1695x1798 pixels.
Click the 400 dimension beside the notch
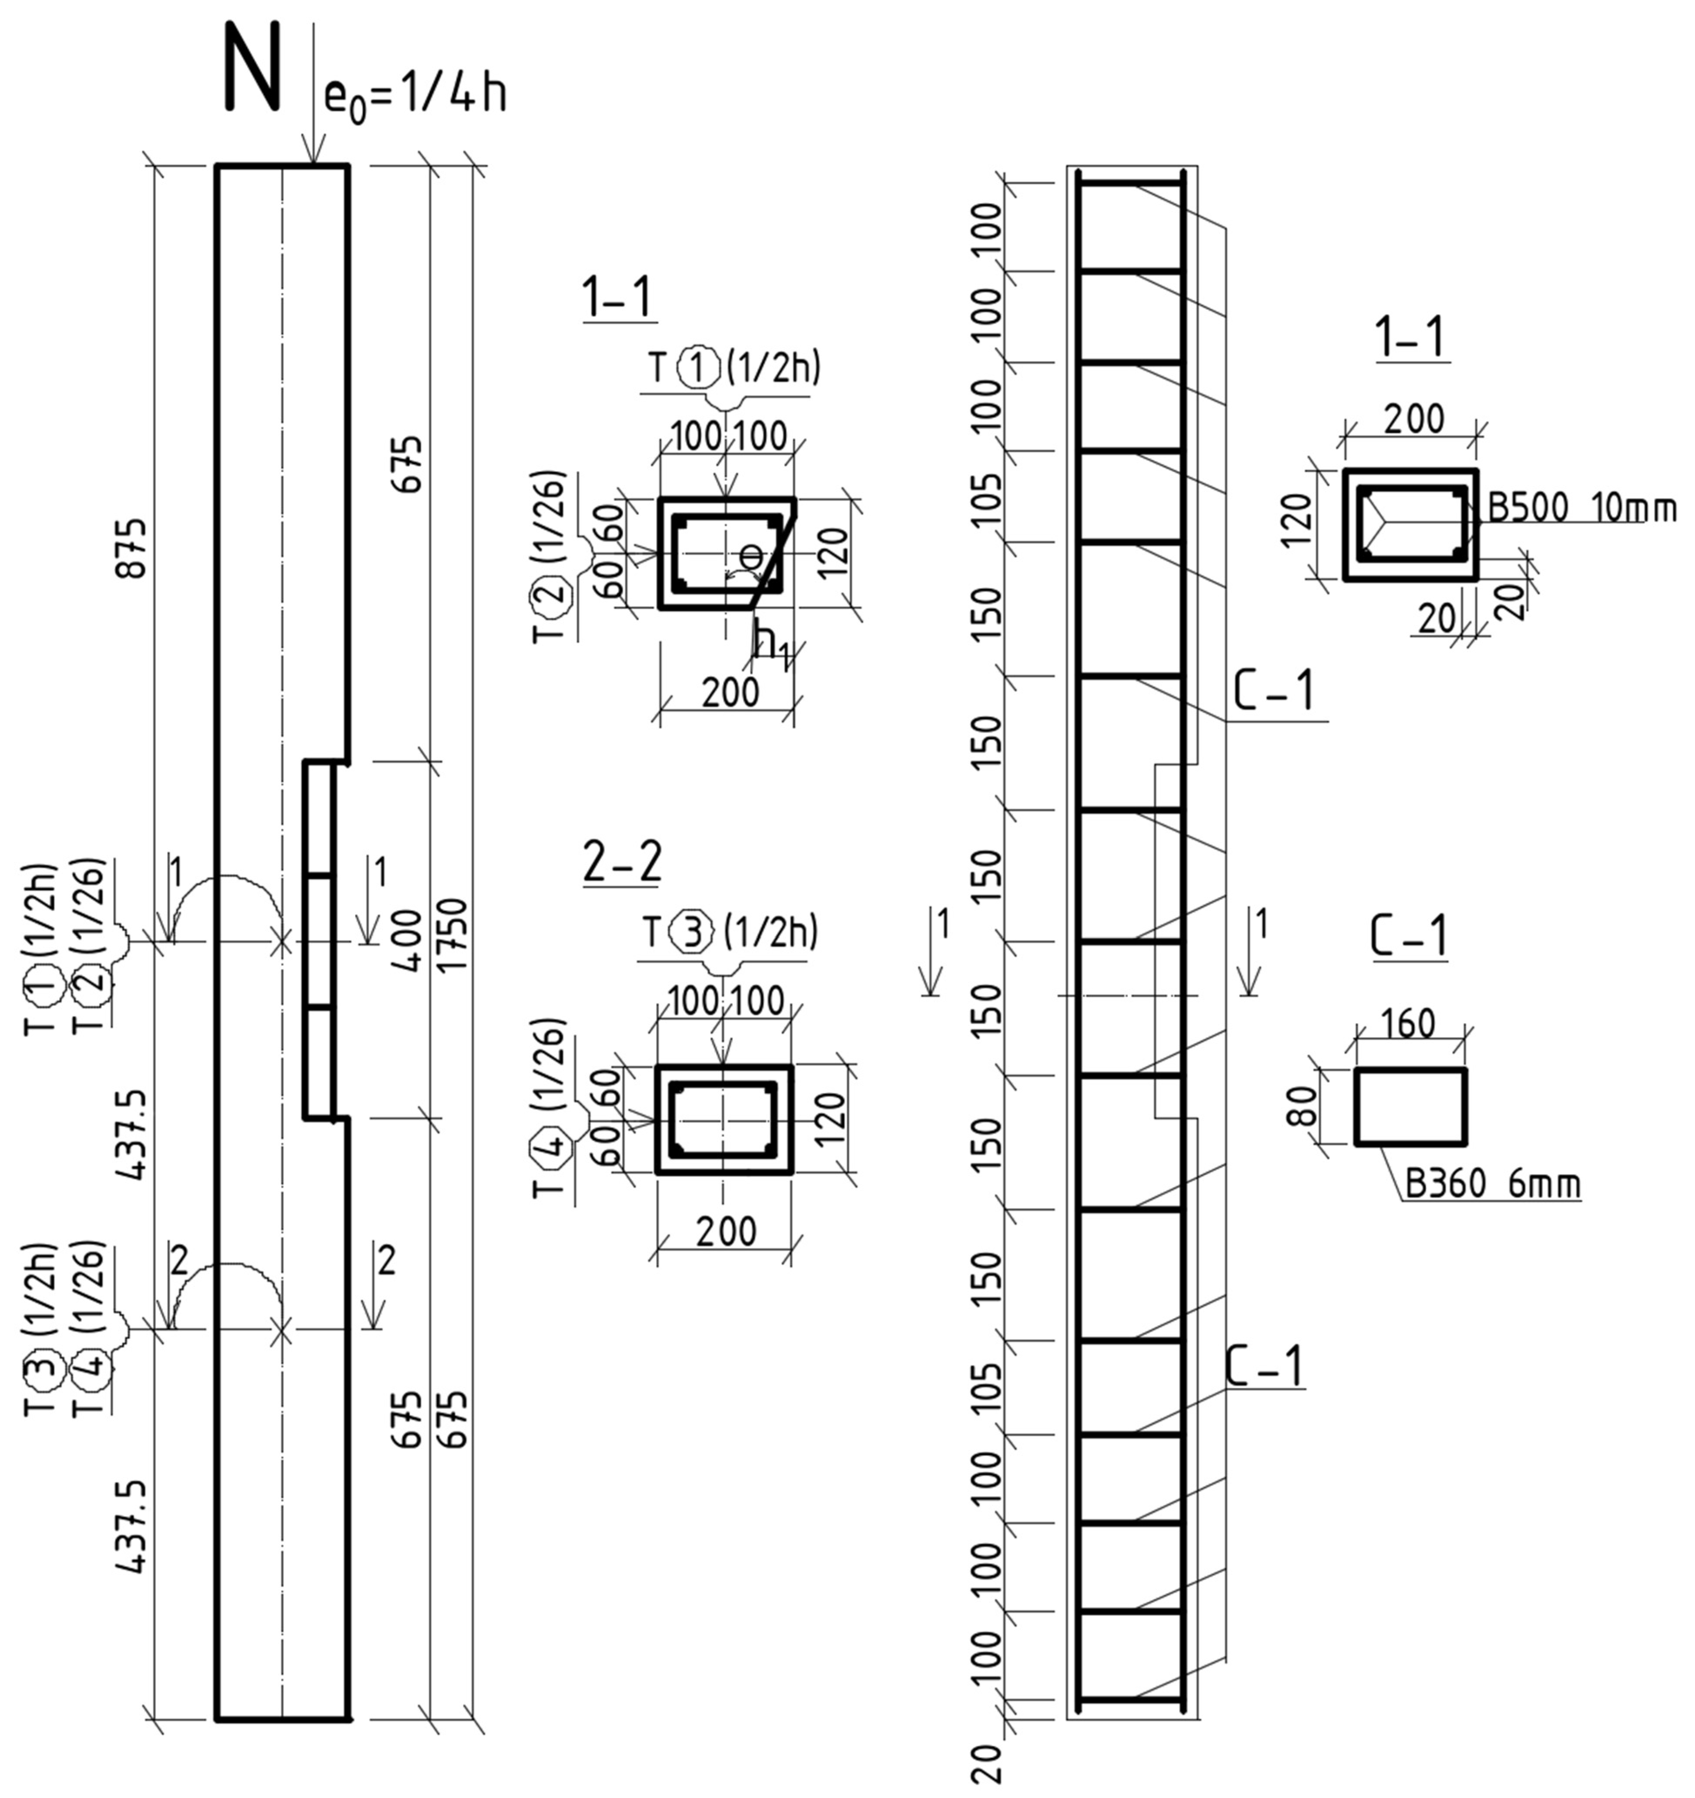[409, 941]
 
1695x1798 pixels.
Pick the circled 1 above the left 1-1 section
[701, 368]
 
